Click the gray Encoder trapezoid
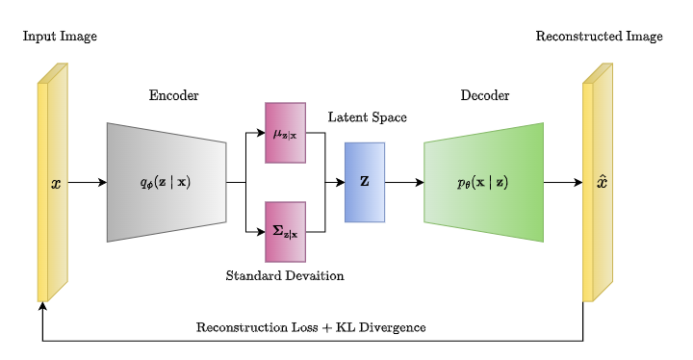click(166, 182)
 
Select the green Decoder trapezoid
click(483, 182)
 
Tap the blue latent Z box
click(365, 182)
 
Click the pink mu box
click(285, 133)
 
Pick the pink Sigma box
click(285, 231)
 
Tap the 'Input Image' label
click(60, 37)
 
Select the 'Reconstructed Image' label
click(599, 37)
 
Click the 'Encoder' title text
click(173, 95)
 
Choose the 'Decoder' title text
click(484, 95)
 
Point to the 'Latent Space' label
click(367, 117)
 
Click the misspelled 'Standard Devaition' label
click(285, 275)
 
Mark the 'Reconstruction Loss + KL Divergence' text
click(311, 327)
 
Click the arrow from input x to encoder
click(87, 182)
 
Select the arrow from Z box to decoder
click(404, 182)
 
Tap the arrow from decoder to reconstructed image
click(563, 182)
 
